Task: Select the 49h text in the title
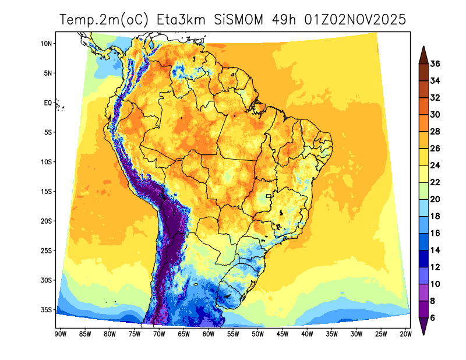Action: click(x=284, y=20)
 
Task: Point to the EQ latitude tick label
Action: click(x=48, y=103)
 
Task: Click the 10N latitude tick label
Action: click(x=47, y=43)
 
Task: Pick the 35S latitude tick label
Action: click(x=47, y=309)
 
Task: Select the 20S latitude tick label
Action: click(x=47, y=221)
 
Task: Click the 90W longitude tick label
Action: click(x=59, y=334)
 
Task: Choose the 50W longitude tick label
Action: click(x=257, y=334)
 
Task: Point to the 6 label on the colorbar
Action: click(x=433, y=317)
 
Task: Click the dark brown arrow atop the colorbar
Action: click(x=423, y=54)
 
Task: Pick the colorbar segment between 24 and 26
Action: click(x=423, y=157)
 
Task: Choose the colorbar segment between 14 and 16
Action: click(x=423, y=242)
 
